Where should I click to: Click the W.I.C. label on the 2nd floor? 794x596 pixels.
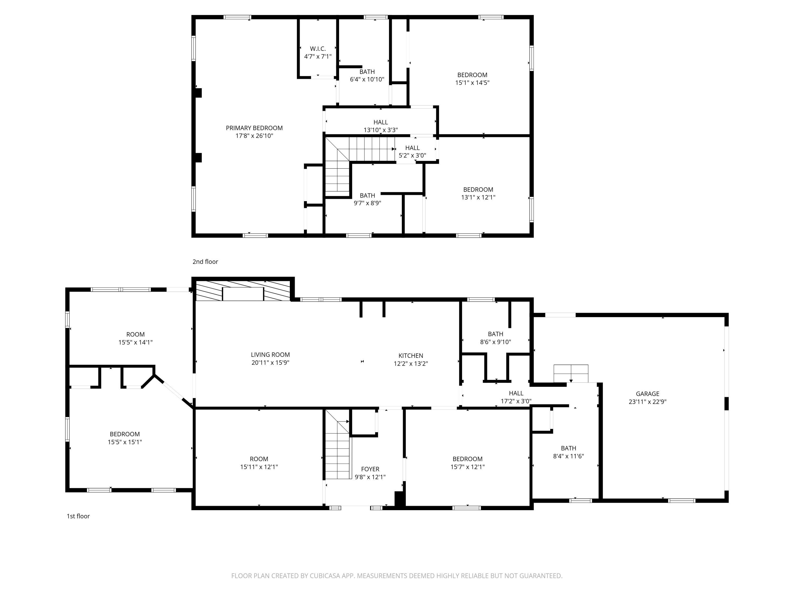[x=318, y=49]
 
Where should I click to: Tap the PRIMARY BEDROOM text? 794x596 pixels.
[x=254, y=128]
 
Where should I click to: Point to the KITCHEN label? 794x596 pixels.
[x=411, y=356]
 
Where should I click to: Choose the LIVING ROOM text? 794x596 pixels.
[x=270, y=355]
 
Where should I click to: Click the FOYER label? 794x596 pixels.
[x=370, y=469]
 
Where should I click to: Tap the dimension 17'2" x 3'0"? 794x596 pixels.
[x=516, y=401]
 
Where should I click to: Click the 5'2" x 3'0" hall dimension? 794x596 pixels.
[x=412, y=155]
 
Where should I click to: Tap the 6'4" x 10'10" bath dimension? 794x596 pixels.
[x=367, y=79]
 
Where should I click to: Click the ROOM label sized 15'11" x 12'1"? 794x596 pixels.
[x=259, y=459]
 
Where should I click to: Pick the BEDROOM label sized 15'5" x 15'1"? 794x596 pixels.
[x=125, y=434]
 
